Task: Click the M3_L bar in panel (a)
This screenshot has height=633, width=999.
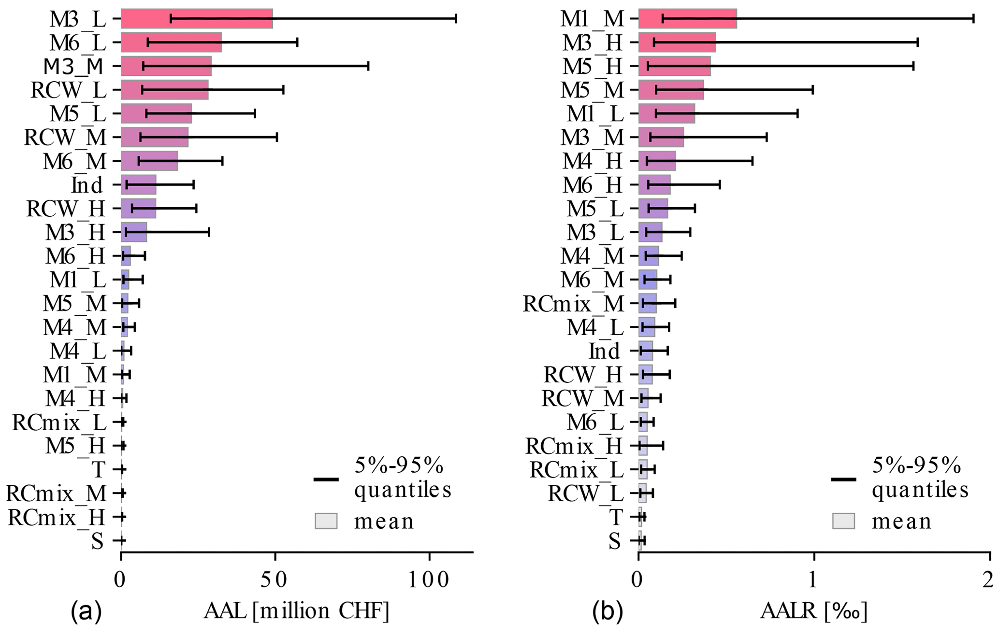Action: [196, 18]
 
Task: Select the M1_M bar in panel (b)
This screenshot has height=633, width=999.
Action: [687, 18]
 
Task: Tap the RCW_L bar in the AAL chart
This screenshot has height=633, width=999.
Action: [164, 90]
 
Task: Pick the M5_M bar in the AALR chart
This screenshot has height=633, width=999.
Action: [671, 90]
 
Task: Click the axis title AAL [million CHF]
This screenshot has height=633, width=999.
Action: [296, 612]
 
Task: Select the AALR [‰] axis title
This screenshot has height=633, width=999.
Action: [814, 612]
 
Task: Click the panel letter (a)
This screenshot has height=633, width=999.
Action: [87, 612]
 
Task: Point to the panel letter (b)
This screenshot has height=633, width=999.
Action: [608, 612]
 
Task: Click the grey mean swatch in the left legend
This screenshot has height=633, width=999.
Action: [326, 521]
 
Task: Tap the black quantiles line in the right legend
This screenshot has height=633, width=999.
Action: [843, 479]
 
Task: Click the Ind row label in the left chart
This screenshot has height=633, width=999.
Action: [87, 185]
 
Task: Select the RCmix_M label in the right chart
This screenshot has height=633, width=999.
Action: [573, 304]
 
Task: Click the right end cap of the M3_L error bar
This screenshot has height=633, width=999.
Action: [456, 18]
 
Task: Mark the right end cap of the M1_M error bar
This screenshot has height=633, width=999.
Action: [973, 18]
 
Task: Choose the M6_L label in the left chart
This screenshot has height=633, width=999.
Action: [78, 42]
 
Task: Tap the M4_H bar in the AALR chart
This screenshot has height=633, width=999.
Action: [657, 161]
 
